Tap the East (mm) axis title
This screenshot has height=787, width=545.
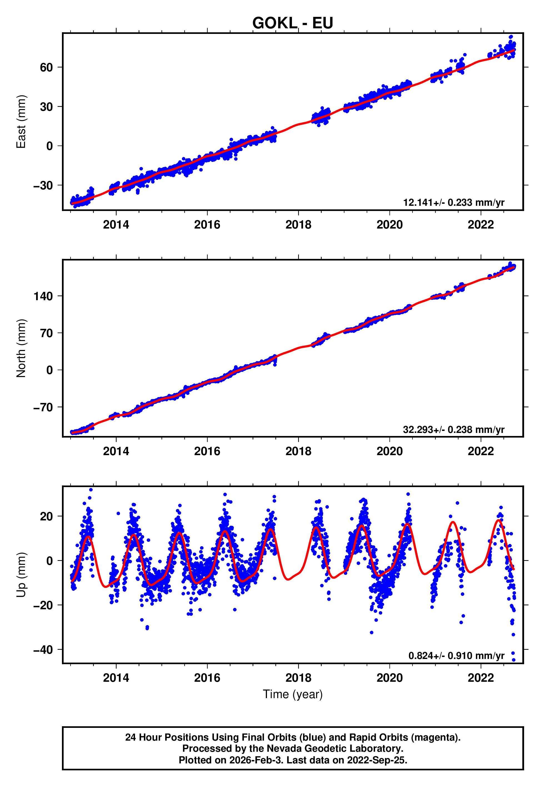pos(21,122)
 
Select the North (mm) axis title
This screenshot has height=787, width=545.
pos(21,348)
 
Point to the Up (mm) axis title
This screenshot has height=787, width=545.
pos(21,575)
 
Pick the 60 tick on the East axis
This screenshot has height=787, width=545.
pos(46,67)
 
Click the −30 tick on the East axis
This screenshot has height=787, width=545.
pos(43,186)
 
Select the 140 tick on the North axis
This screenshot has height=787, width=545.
pos(43,296)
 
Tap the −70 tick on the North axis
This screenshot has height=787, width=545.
pos(43,407)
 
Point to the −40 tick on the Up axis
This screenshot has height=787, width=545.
pos(43,650)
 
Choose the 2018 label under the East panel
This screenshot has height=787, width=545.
pos(298,225)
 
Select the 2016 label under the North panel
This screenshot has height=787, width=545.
pos(207,452)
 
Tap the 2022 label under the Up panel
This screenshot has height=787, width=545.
pos(481,678)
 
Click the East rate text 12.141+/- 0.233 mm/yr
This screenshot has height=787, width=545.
pos(454,203)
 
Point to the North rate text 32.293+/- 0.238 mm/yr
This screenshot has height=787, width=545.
pos(454,430)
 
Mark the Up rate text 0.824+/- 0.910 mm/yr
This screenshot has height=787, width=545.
pos(456,656)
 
